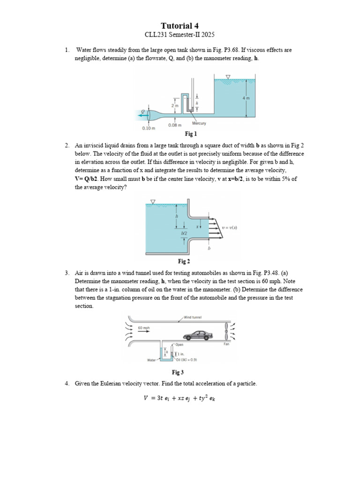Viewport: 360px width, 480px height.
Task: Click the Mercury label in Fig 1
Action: (x=199, y=124)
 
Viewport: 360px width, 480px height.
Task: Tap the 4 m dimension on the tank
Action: (x=246, y=98)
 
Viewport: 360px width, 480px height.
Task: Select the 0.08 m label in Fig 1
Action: (x=175, y=125)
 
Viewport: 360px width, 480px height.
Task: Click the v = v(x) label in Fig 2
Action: (x=230, y=227)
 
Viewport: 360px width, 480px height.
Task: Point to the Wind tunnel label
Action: (x=192, y=317)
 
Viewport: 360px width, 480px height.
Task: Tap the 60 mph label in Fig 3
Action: (x=144, y=328)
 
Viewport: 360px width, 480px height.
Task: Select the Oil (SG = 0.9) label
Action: (x=186, y=360)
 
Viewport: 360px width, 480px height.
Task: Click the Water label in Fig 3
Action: (x=152, y=360)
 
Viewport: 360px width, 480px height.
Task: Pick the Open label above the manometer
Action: (x=179, y=345)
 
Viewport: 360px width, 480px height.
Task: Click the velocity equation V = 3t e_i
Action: (x=180, y=399)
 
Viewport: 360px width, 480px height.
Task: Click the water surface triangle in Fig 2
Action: (x=153, y=202)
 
